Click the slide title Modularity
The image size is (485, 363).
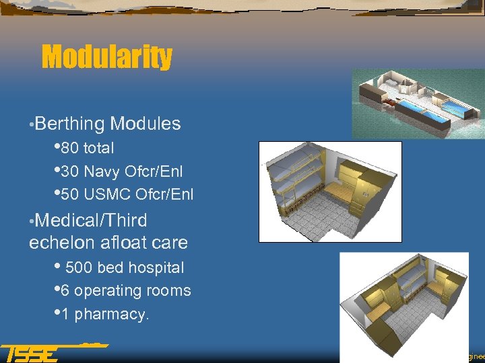[x=106, y=57]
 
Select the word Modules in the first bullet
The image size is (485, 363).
[x=145, y=124]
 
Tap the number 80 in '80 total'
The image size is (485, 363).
[x=70, y=148]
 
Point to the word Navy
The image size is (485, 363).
[x=102, y=171]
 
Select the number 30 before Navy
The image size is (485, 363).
[x=70, y=171]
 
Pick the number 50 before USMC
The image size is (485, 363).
[x=70, y=195]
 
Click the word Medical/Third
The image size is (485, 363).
[x=91, y=220]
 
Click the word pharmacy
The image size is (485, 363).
[x=110, y=315]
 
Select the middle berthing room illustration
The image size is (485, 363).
[x=329, y=191]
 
